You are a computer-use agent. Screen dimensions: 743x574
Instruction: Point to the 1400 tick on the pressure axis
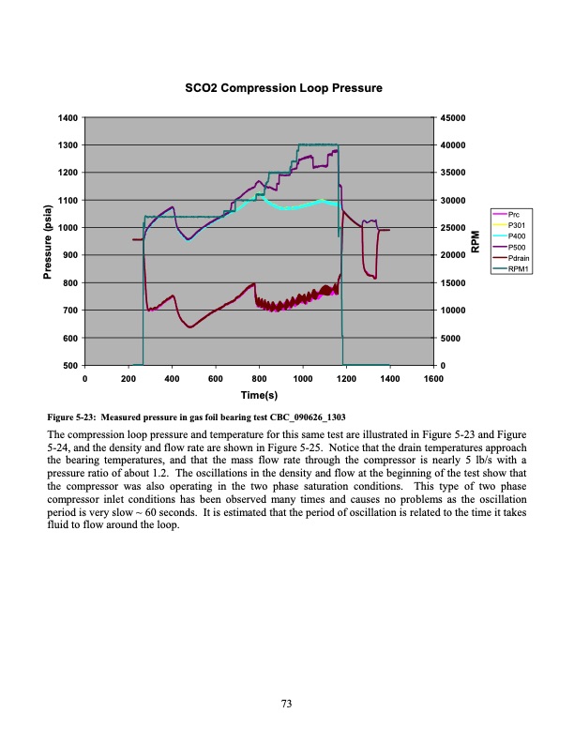coord(68,118)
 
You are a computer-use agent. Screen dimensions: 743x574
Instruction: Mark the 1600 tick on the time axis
coord(432,378)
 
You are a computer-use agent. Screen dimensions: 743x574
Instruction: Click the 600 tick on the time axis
coord(215,378)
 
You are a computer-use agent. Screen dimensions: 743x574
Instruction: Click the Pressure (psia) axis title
coord(38,242)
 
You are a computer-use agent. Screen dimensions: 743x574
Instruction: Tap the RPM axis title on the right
coord(475,241)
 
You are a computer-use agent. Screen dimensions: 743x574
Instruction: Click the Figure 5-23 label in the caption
coord(76,417)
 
